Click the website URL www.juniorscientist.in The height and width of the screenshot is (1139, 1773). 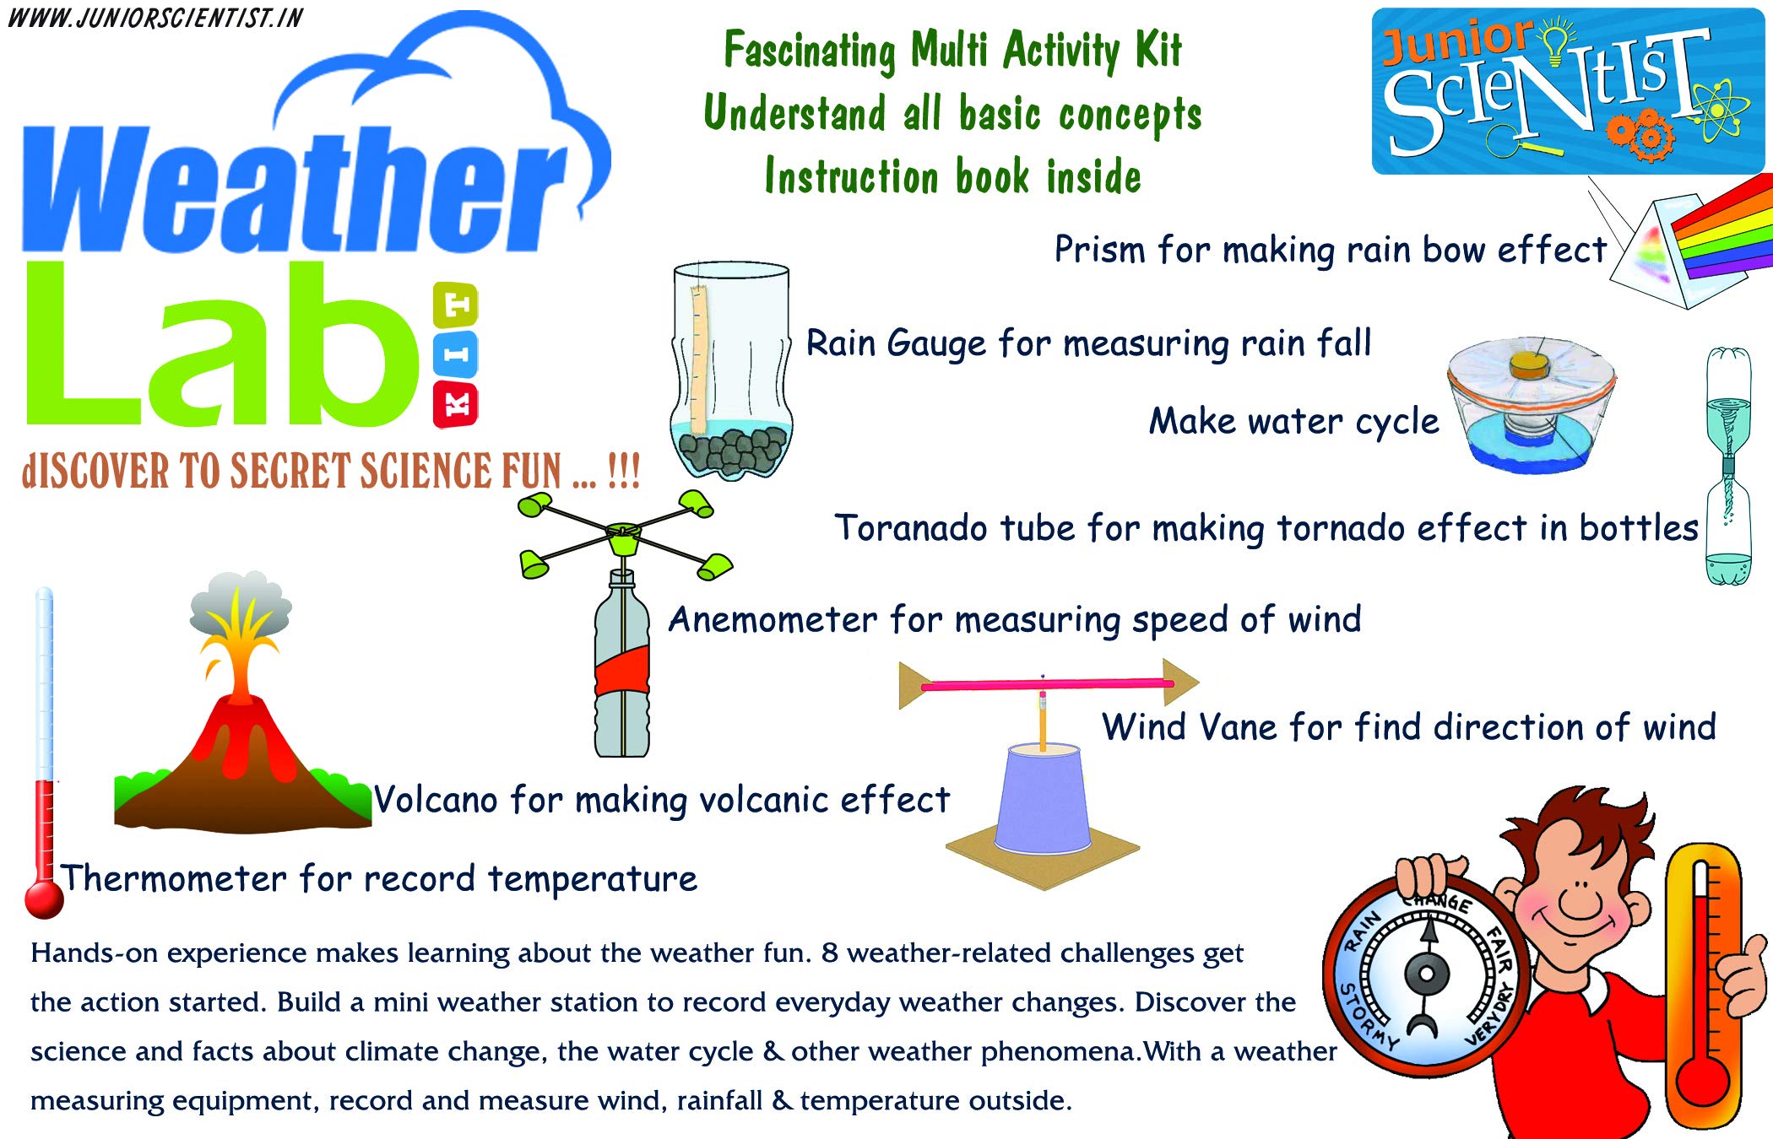(155, 18)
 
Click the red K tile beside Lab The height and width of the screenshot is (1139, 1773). (455, 405)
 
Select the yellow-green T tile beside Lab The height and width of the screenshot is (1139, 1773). (455, 305)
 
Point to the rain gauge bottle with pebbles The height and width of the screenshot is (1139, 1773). (731, 371)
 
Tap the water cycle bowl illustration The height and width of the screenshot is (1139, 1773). (1530, 405)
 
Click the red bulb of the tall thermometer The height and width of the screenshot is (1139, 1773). (44, 899)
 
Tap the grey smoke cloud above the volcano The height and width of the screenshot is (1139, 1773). (241, 603)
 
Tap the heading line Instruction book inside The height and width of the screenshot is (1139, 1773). (952, 177)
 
